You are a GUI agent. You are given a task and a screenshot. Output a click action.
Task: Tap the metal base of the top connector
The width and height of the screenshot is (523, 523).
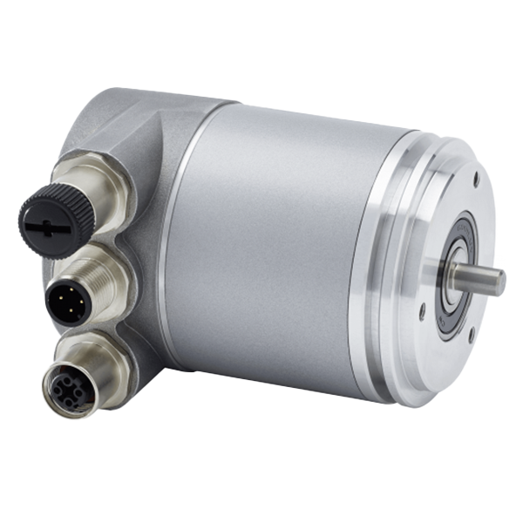tap(105, 187)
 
